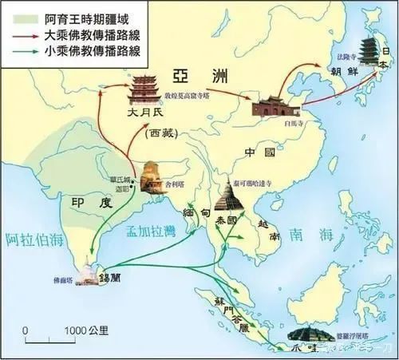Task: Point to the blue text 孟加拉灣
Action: tap(150, 229)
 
